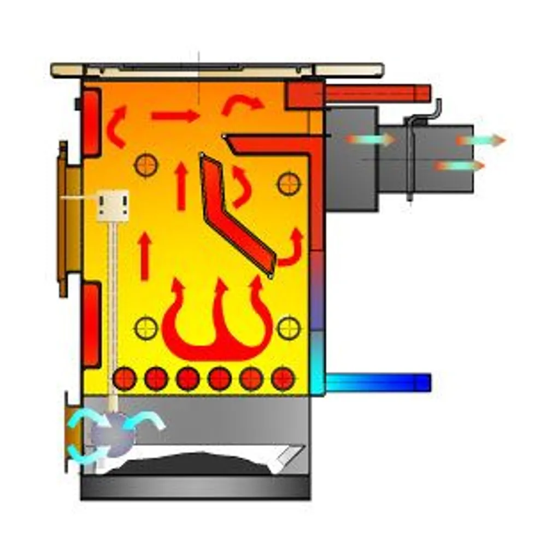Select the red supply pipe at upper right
click(x=377, y=93)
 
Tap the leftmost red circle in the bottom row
click(x=124, y=378)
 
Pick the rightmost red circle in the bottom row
click(x=283, y=378)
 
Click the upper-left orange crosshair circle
click(x=146, y=165)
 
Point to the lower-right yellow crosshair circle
click(x=289, y=328)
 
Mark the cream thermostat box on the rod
click(x=113, y=205)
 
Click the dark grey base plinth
click(x=195, y=486)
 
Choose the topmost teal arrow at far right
click(x=481, y=140)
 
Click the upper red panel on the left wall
click(x=91, y=122)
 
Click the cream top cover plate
click(x=216, y=70)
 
